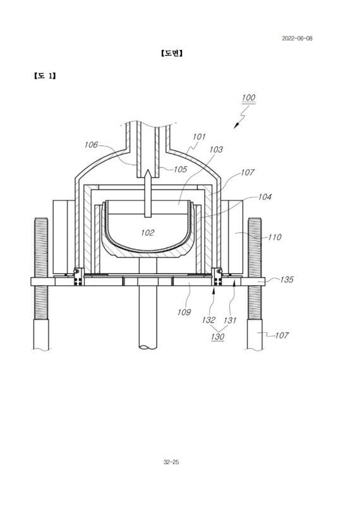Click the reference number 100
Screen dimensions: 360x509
pos(248,97)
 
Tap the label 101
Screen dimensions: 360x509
pos(199,136)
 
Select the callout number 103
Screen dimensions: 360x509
pos(216,149)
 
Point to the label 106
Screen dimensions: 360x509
pos(91,145)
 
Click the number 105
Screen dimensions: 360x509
pos(180,169)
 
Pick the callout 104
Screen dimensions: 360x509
pos(265,197)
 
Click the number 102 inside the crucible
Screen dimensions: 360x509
pos(147,232)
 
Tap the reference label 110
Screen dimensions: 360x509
pos(274,237)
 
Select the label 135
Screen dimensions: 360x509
pos(287,280)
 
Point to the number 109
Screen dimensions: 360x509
pos(184,312)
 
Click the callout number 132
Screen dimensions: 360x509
pos(208,320)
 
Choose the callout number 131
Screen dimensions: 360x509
pos(230,320)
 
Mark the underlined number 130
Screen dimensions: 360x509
pos(217,337)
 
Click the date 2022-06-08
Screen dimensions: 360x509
pos(297,39)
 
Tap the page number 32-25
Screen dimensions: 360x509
pos(171,462)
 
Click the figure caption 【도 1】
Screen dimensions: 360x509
pos(45,76)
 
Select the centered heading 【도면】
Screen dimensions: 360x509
pos(172,53)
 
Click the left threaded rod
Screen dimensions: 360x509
pos(41,269)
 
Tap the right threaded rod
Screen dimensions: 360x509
pos(255,269)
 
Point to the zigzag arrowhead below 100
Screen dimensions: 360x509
pos(236,126)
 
